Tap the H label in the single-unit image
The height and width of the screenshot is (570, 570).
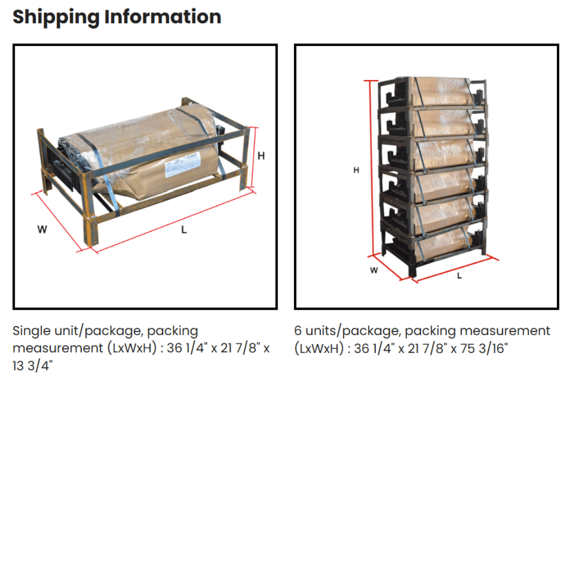(x=261, y=156)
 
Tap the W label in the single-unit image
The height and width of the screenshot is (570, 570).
(x=42, y=230)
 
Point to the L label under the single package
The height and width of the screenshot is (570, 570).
(x=184, y=230)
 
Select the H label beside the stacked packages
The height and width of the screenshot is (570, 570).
(x=356, y=170)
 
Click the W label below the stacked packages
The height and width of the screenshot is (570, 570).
(x=374, y=270)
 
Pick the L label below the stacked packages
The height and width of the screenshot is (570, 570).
(x=459, y=275)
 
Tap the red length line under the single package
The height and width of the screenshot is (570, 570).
(x=174, y=222)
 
